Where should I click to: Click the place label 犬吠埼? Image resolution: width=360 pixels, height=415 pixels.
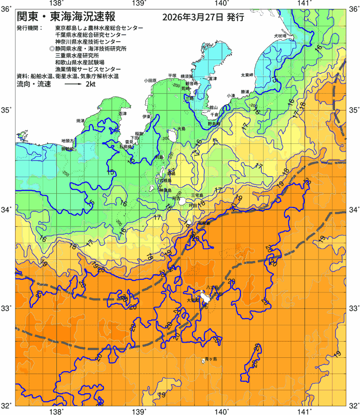click(x=280, y=36)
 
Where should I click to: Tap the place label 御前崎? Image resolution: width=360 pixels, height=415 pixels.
click(x=68, y=149)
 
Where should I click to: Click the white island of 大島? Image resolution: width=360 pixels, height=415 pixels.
click(x=172, y=136)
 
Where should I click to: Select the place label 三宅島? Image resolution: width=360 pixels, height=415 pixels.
click(x=197, y=196)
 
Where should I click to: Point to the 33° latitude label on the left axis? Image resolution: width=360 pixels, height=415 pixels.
click(x=8, y=308)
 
